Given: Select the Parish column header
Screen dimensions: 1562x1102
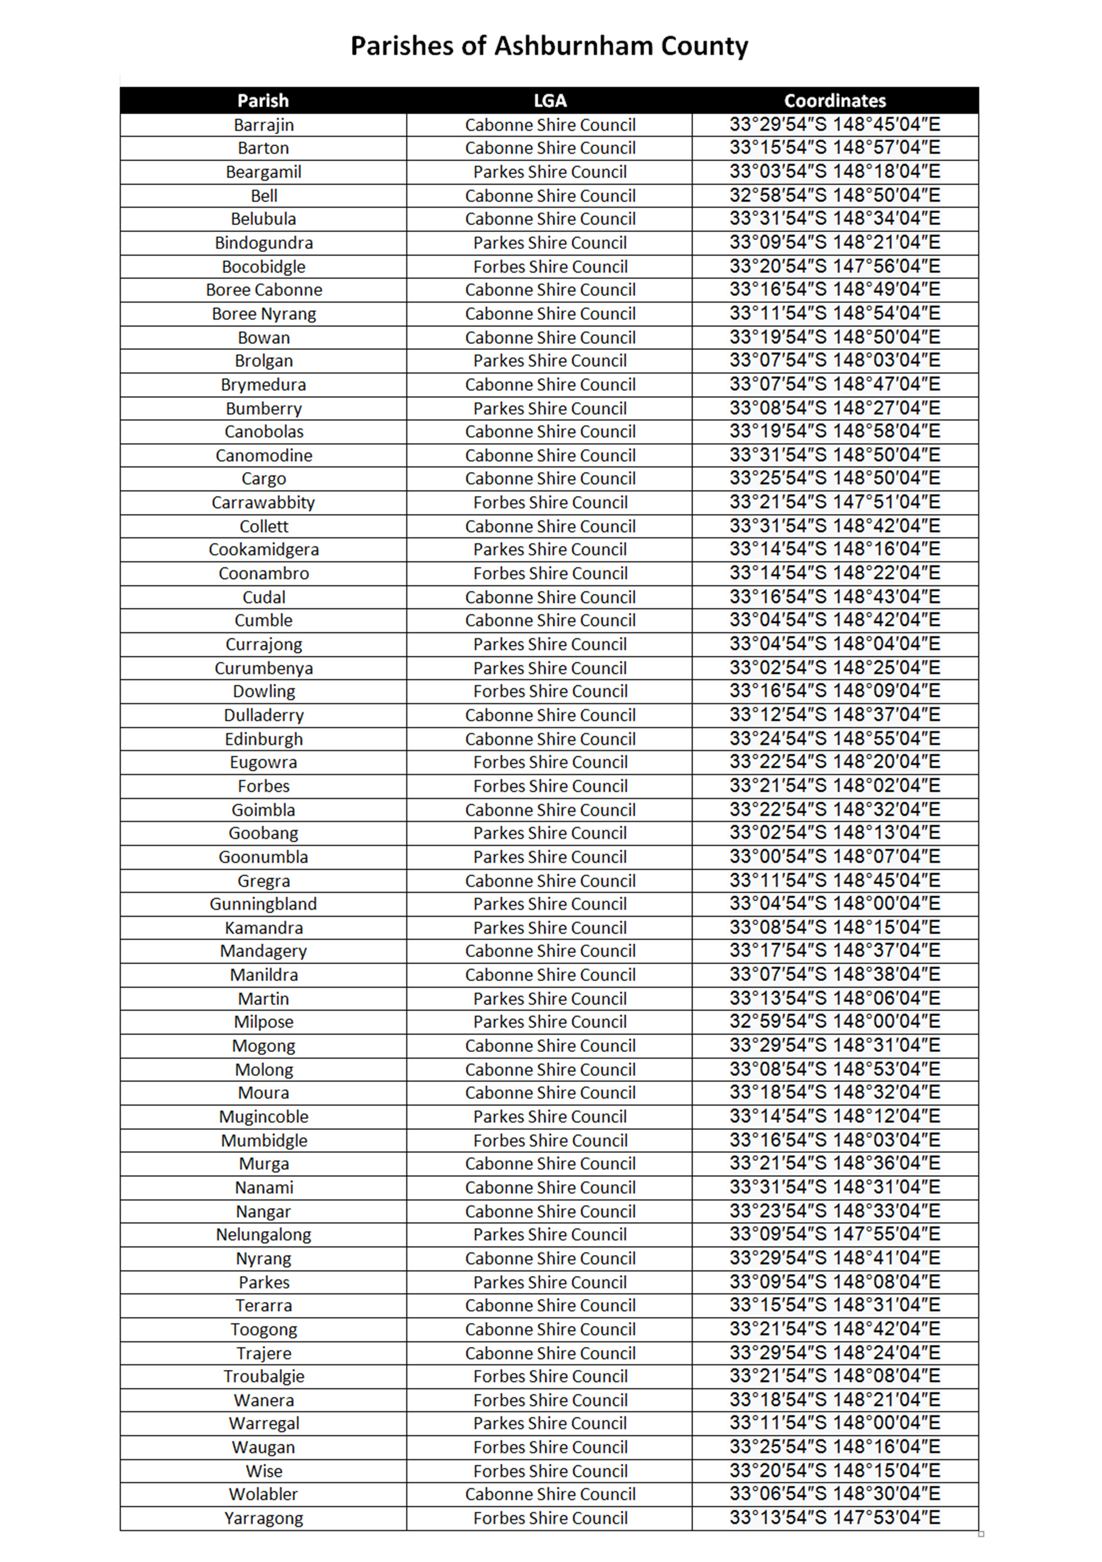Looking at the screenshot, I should click(263, 101).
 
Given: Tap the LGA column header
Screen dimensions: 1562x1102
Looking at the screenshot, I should click(550, 101).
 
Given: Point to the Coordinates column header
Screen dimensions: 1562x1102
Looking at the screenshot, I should click(835, 101).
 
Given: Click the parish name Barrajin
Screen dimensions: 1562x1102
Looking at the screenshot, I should click(264, 125).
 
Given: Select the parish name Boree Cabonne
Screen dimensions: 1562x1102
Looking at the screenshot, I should click(264, 290).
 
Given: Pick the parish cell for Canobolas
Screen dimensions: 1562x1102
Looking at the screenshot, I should click(264, 432).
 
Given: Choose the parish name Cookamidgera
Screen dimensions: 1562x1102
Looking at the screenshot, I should click(264, 550).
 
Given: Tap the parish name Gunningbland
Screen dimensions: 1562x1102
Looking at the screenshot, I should click(264, 904).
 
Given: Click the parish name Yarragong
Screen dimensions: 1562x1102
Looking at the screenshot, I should click(264, 1519).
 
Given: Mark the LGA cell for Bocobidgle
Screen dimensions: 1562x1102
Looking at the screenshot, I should click(550, 267).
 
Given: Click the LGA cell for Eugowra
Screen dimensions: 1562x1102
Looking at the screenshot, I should click(550, 763).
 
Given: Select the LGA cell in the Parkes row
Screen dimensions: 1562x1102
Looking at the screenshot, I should click(550, 1282).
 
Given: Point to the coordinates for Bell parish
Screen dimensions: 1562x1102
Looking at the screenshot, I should click(835, 196).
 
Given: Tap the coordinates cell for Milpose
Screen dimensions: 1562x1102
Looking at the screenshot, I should click(835, 1022).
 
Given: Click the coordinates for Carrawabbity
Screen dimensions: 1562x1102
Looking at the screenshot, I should click(835, 503).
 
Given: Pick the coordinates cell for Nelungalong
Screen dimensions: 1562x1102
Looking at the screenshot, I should click(835, 1235).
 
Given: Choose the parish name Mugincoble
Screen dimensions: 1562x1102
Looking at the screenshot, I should click(264, 1117).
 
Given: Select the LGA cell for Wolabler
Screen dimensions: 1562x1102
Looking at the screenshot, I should click(550, 1495).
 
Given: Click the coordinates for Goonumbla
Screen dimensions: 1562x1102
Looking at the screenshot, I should click(835, 856).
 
